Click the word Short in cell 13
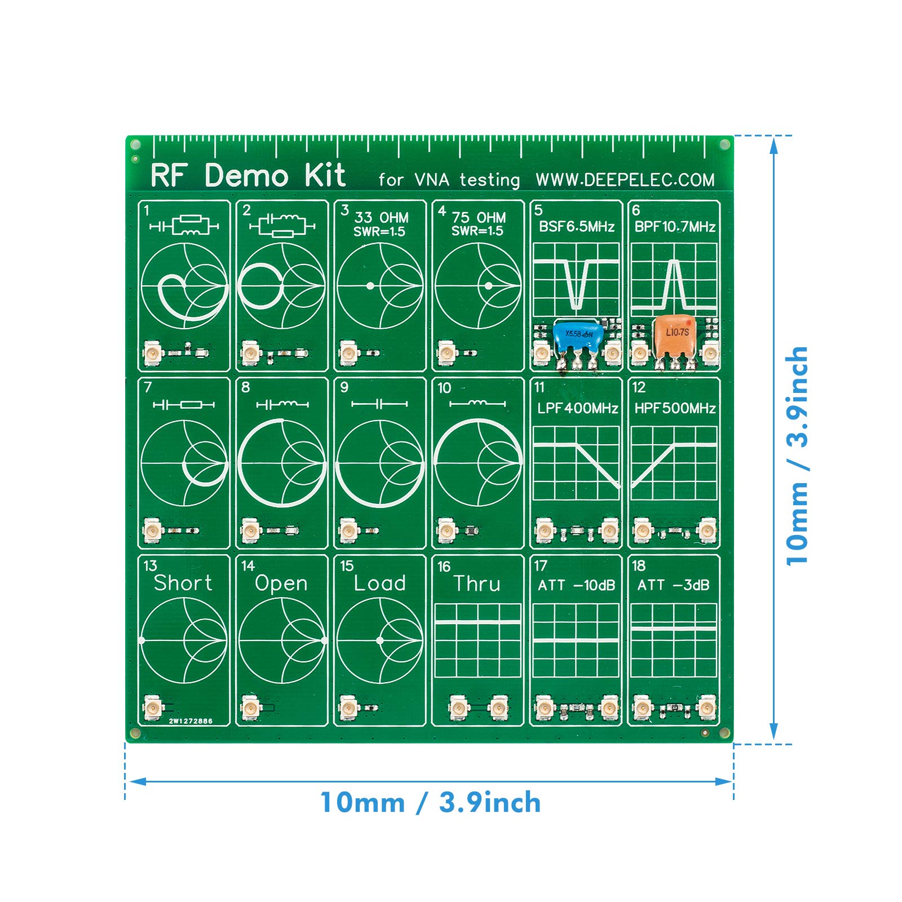[183, 583]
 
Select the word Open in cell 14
[281, 583]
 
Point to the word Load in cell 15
[379, 583]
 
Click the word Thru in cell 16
[477, 583]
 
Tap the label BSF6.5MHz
[577, 227]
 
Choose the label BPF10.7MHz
[675, 227]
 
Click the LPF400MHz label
[577, 408]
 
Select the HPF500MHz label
[675, 408]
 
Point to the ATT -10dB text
[577, 585]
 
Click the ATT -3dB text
[673, 585]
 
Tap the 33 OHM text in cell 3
[382, 218]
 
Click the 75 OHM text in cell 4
[479, 218]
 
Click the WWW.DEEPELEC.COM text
[625, 180]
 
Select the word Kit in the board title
[325, 175]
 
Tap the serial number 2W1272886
[191, 721]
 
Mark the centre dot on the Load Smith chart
[380, 640]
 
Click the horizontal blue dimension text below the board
[430, 803]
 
